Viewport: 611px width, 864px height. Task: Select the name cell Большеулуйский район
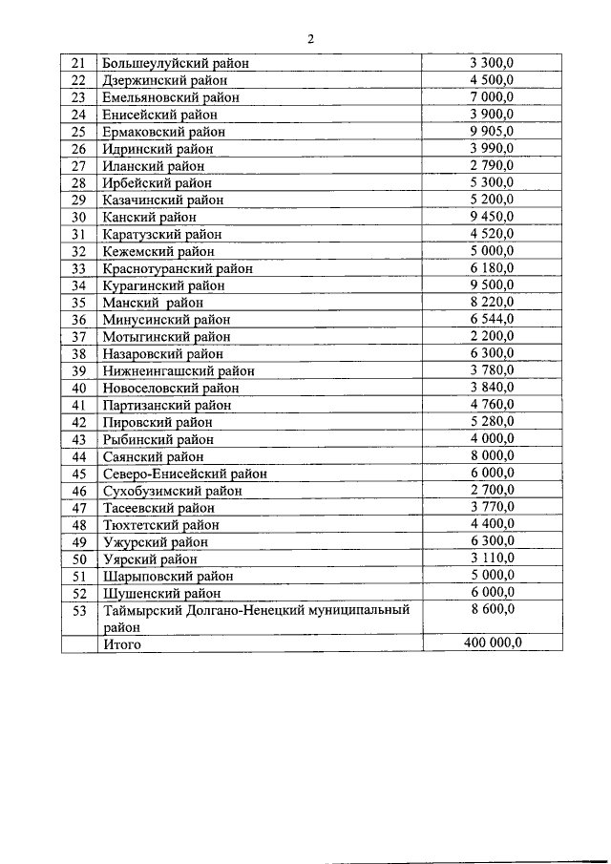176,63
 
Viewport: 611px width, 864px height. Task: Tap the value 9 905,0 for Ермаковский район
492,131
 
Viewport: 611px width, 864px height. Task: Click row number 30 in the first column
79,217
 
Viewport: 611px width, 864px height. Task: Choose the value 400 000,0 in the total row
492,643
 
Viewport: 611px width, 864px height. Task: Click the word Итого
121,644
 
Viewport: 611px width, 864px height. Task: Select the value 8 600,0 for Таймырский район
492,610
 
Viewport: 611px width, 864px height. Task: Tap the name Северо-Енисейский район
184,474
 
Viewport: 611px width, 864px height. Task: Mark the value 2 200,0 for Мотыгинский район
492,336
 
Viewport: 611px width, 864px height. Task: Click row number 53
79,610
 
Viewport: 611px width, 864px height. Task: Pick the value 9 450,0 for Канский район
492,217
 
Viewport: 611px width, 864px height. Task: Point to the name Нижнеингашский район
179,370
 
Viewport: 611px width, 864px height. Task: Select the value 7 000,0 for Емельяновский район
492,97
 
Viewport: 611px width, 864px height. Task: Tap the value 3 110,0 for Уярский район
492,558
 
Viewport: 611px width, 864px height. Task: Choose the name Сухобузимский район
172,491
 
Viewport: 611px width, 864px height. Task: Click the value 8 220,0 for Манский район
492,302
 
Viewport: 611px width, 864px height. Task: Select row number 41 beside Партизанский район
79,405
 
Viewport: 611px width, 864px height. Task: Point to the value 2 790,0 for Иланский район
492,165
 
